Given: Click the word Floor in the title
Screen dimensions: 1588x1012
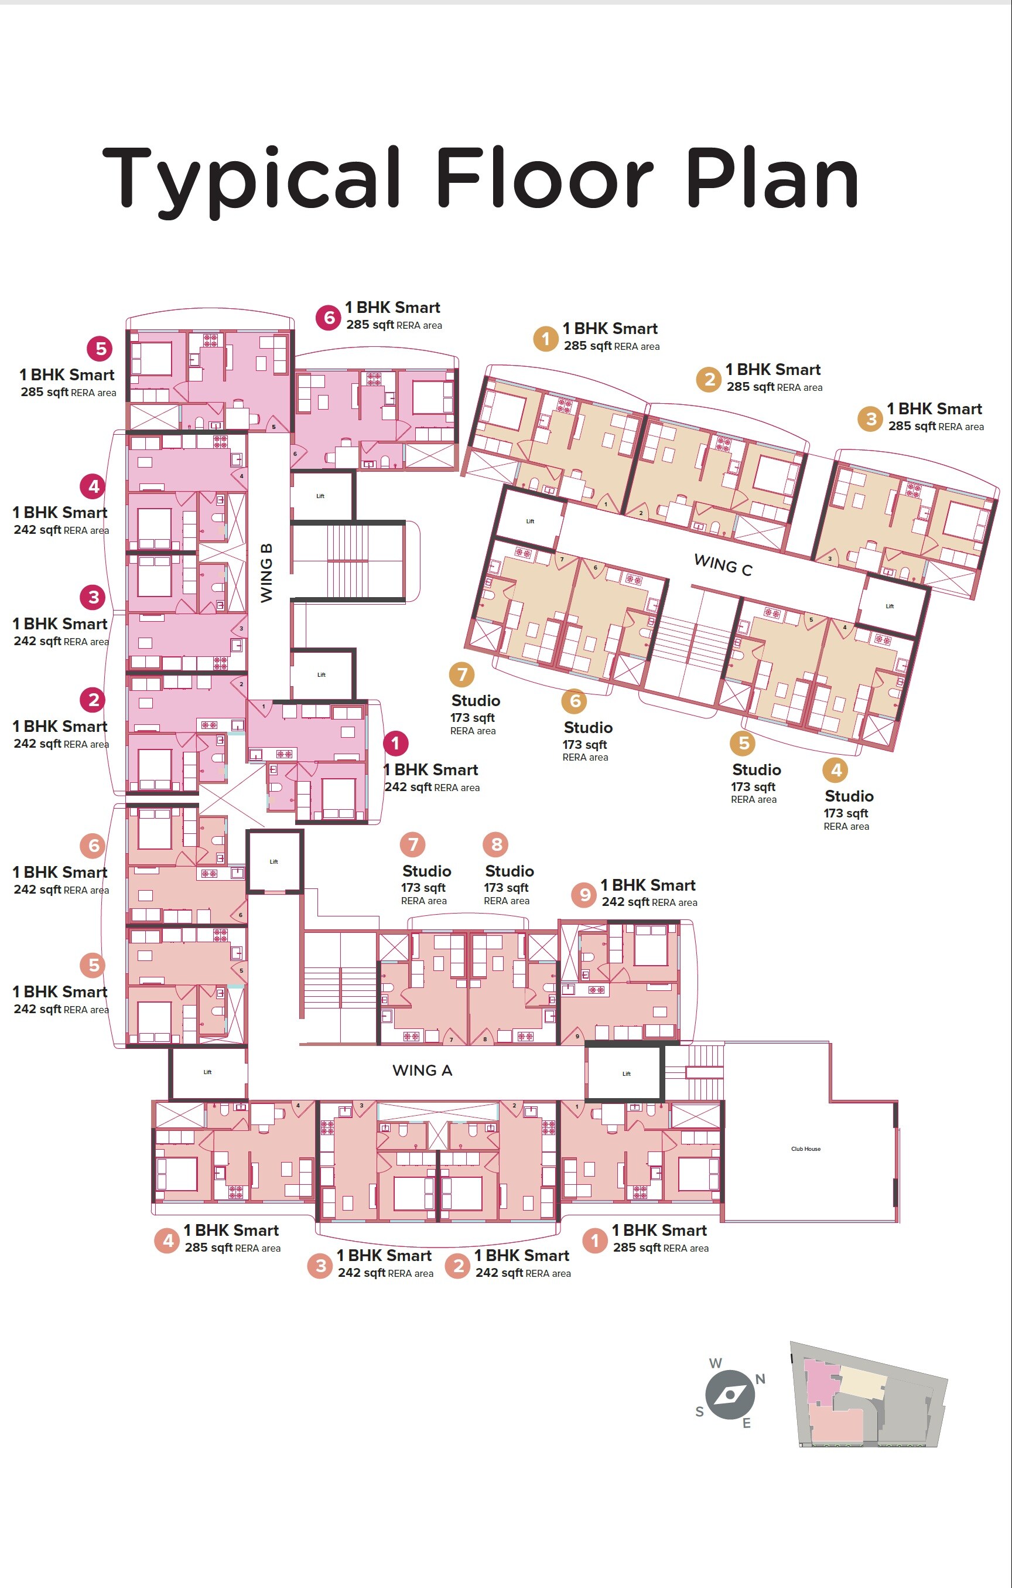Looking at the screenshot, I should click(544, 178).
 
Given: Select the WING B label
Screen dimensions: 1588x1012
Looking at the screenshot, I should click(266, 573).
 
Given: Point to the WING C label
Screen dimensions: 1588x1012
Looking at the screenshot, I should click(723, 565).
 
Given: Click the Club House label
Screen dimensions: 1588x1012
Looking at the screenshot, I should click(806, 1149).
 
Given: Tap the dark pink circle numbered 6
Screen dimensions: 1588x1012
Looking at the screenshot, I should click(329, 317).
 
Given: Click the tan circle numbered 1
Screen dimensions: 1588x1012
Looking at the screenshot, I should click(545, 339).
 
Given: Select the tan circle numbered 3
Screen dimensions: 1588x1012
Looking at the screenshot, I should click(870, 419).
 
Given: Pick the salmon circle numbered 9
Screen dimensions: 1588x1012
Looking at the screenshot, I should click(583, 895).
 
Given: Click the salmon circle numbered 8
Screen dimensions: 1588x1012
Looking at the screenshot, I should click(497, 844).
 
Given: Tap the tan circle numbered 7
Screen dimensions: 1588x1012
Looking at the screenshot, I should click(461, 674).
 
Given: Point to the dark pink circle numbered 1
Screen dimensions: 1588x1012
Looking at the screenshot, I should click(395, 743).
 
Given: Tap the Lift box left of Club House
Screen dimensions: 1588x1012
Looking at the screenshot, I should click(625, 1073).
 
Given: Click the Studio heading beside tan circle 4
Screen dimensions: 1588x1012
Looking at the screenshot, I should click(849, 796).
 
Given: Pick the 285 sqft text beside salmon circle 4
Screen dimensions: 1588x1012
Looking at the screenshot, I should click(208, 1248).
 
